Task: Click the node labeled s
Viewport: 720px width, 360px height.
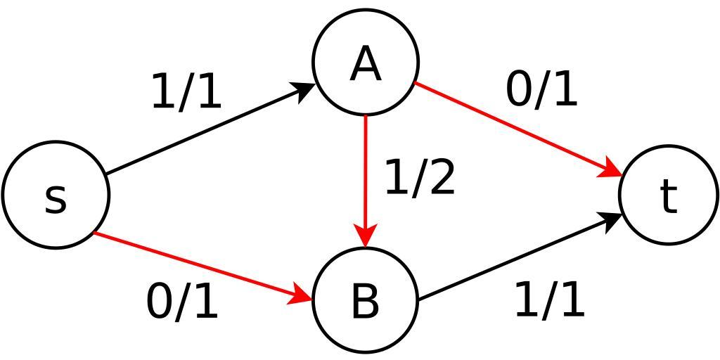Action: click(56, 195)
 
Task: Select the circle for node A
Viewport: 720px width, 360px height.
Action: click(366, 62)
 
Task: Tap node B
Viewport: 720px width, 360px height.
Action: click(366, 300)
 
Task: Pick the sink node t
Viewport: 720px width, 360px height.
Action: click(669, 195)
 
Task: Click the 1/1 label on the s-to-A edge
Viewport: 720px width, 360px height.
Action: click(186, 92)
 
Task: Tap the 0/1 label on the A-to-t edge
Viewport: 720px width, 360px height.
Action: click(541, 90)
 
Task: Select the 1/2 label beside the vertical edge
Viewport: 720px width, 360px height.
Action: click(420, 177)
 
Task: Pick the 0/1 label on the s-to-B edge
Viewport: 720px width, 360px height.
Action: click(182, 302)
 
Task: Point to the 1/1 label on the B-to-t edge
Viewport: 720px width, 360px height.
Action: click(549, 300)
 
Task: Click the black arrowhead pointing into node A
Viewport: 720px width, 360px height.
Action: click(307, 91)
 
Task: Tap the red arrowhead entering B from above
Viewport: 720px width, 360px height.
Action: click(366, 236)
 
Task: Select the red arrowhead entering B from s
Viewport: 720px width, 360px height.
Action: click(302, 296)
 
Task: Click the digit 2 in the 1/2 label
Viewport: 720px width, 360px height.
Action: click(440, 177)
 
